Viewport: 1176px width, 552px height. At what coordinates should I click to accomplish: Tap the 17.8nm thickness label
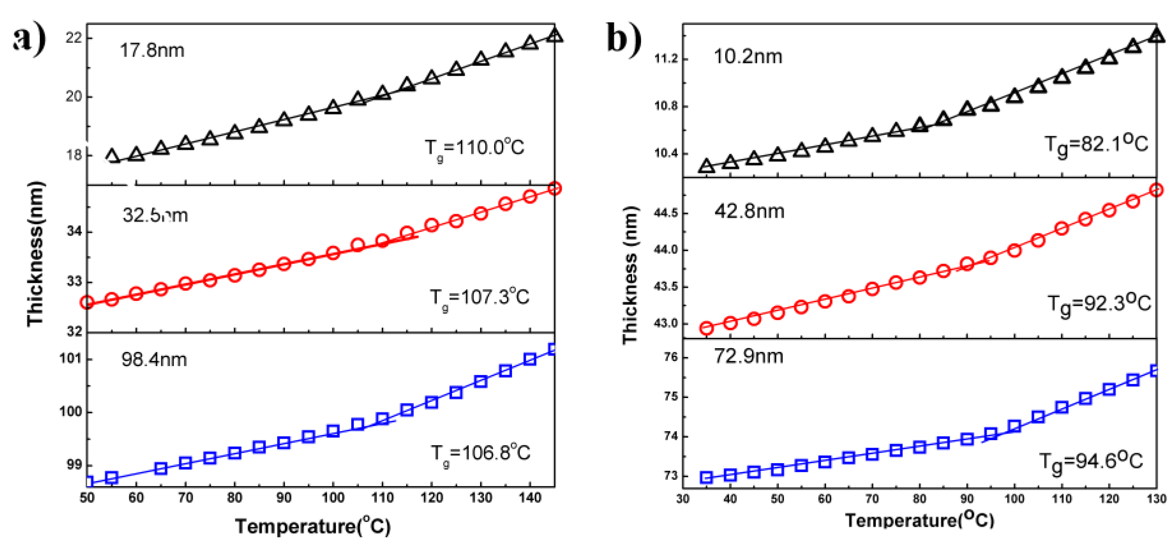[152, 50]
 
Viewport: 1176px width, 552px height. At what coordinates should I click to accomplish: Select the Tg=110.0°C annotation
[475, 148]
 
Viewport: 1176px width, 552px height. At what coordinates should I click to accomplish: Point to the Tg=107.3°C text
[479, 298]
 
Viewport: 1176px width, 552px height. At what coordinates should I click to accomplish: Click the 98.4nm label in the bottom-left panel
[154, 360]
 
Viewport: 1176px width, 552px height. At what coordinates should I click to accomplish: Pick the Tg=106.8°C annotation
[480, 454]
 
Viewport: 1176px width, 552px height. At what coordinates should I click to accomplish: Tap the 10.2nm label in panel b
[748, 57]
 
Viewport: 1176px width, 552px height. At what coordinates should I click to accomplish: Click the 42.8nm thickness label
[749, 212]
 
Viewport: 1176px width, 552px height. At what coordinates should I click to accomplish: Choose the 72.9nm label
[748, 356]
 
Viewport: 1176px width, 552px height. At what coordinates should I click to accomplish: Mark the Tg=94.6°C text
[1091, 461]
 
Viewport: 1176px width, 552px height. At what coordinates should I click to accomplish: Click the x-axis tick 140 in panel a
[530, 498]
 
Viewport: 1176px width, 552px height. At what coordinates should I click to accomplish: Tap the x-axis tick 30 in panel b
[683, 498]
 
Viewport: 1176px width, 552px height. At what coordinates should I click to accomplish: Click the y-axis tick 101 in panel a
[70, 358]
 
